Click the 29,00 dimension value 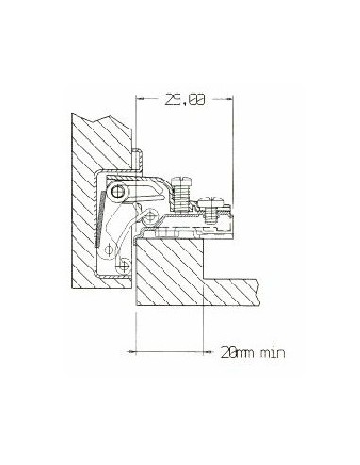tap(185, 99)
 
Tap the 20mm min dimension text tap(253, 353)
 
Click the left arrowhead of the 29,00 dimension tap(140, 99)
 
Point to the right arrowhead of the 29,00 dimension tap(229, 99)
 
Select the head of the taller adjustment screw tap(180, 181)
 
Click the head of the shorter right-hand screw tap(210, 201)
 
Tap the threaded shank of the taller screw tap(180, 198)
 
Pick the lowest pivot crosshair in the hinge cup tap(124, 267)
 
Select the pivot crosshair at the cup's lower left tap(109, 250)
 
